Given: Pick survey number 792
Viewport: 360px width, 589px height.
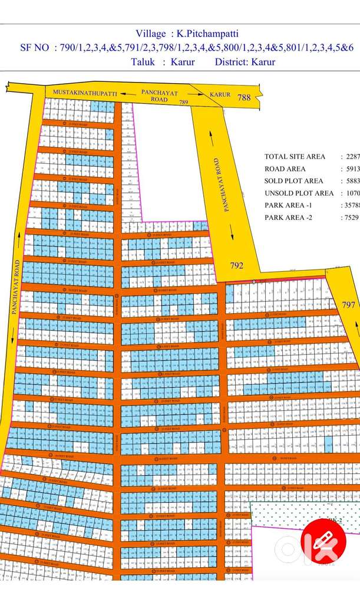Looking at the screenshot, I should tap(236, 266).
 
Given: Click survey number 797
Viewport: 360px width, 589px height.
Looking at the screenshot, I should tap(349, 305).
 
